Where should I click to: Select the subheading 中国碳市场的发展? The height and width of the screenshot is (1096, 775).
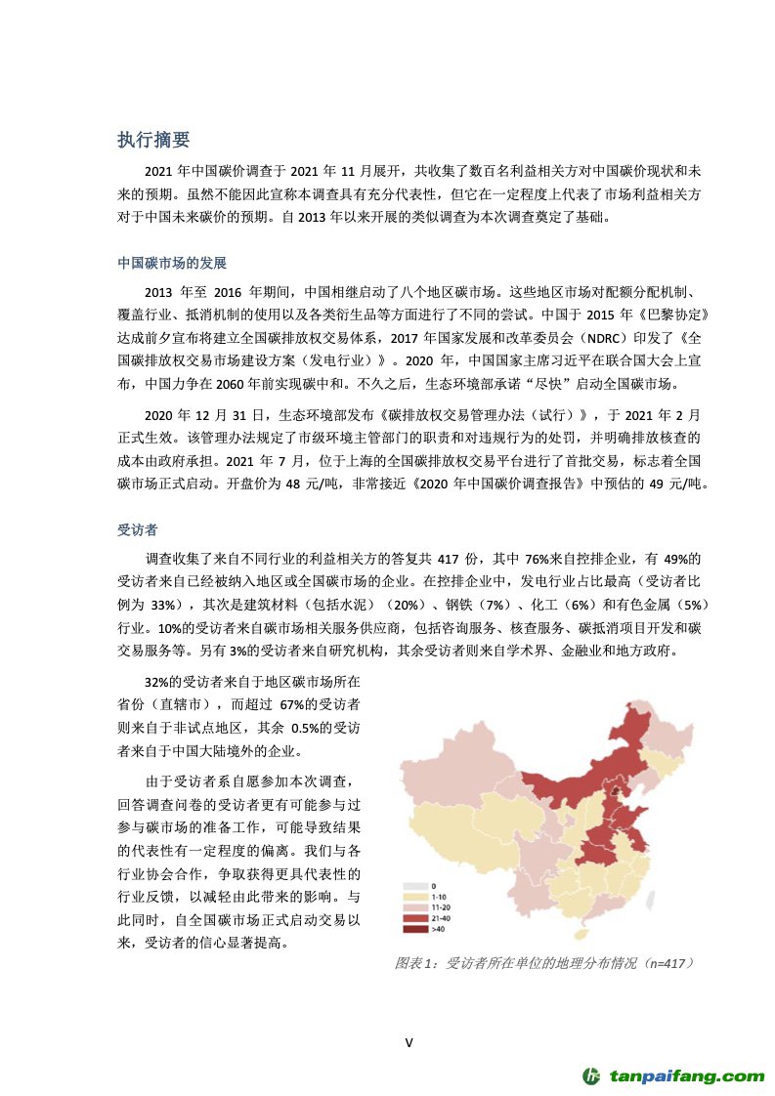tap(173, 264)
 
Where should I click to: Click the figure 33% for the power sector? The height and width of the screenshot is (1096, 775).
tap(165, 603)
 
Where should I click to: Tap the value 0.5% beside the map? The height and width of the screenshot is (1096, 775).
tap(306, 729)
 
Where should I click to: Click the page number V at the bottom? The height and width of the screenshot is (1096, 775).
tap(409, 1042)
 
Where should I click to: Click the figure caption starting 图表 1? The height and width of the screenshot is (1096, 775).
tap(543, 963)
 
